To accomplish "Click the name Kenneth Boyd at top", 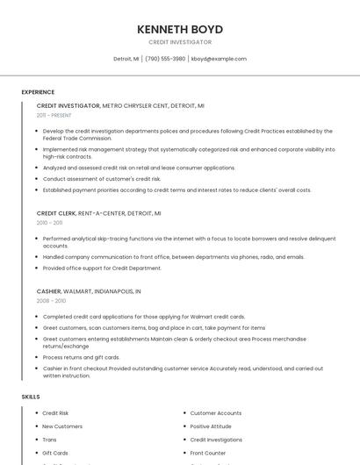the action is click(x=180, y=29).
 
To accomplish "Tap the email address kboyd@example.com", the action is click(x=219, y=59).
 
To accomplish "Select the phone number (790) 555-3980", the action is click(x=165, y=59).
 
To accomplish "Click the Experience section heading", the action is click(x=38, y=92).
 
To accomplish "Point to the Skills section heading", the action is click(x=31, y=397).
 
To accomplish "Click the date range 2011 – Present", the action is click(x=54, y=115).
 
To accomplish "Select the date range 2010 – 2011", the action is click(x=50, y=223).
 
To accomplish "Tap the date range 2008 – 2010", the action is click(x=51, y=300).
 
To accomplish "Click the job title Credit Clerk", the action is click(x=56, y=213).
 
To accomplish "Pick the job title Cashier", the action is click(x=48, y=290).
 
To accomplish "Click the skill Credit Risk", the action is click(x=55, y=413).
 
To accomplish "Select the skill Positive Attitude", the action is click(x=211, y=426).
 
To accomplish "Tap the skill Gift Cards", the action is click(x=54, y=453).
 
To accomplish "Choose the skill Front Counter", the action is click(x=208, y=453).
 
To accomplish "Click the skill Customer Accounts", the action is click(x=216, y=413).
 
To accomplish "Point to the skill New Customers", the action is click(x=62, y=426).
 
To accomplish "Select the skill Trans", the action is click(x=49, y=440).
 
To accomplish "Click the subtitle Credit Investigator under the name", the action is click(x=180, y=42).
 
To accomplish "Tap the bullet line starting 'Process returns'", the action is click(x=81, y=357).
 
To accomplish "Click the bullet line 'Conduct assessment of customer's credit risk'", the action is click(x=102, y=178).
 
